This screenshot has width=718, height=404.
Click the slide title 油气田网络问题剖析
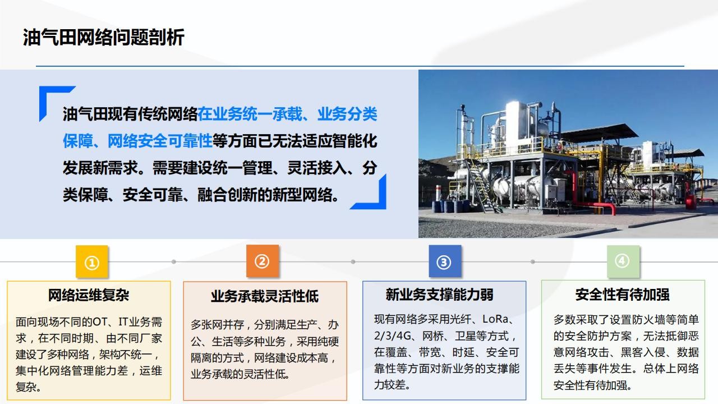pos(104,37)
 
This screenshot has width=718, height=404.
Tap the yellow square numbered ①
pos(91,261)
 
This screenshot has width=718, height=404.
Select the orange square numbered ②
pos(262,261)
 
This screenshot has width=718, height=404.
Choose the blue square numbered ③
pos(445,261)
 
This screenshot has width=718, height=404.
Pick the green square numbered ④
pos(623,261)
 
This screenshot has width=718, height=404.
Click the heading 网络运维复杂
pos(89,295)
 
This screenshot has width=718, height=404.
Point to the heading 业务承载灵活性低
pos(265,296)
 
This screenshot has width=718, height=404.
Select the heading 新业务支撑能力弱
pos(439,295)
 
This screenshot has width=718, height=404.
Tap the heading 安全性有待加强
pos(623,295)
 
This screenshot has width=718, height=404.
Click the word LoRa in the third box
pos(495,319)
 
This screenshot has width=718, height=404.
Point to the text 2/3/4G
pos(392,336)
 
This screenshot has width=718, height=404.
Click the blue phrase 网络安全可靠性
pos(160,141)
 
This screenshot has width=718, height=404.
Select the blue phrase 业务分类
pos(347,114)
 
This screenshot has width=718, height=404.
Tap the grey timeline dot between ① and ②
pos(174,261)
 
